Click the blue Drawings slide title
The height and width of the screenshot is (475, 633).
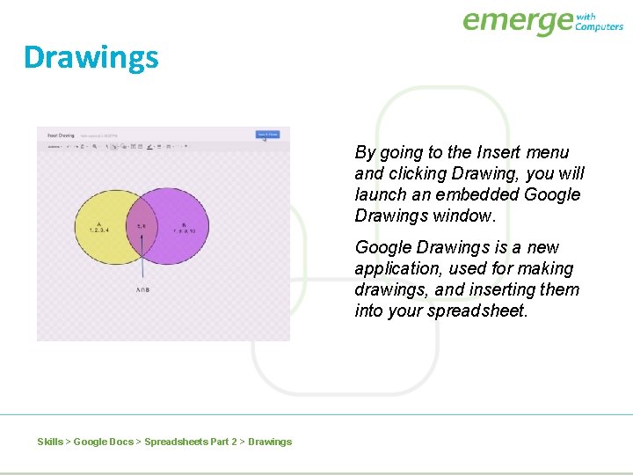coord(91,57)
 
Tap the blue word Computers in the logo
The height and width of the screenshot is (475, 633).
coord(599,27)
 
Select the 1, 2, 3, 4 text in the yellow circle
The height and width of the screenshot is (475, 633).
coord(99,230)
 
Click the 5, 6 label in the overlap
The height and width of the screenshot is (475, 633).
coord(142,226)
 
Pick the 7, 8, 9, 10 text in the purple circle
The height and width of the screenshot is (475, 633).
coord(184,230)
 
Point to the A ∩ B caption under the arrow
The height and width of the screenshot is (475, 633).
coord(142,289)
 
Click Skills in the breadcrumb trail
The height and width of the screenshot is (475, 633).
coord(50,442)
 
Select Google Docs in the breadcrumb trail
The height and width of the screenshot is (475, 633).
coord(104,442)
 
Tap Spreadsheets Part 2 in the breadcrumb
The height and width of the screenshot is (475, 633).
coord(190,442)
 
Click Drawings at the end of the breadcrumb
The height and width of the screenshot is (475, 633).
coord(270,442)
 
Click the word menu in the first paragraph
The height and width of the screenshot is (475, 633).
coord(547,152)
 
